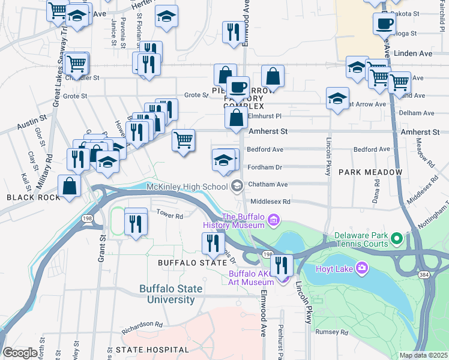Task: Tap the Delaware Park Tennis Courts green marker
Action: coord(396,240)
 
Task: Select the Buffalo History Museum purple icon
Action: coord(274,220)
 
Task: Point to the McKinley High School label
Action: coord(187,187)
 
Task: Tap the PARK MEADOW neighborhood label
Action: coord(370,172)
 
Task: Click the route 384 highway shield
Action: coord(424,274)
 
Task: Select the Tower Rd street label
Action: coord(169,213)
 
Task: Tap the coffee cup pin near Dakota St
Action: coord(384,25)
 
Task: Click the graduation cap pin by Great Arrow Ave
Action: coord(338,98)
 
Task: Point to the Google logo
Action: coord(20,353)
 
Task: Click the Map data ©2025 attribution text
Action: coord(423,355)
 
